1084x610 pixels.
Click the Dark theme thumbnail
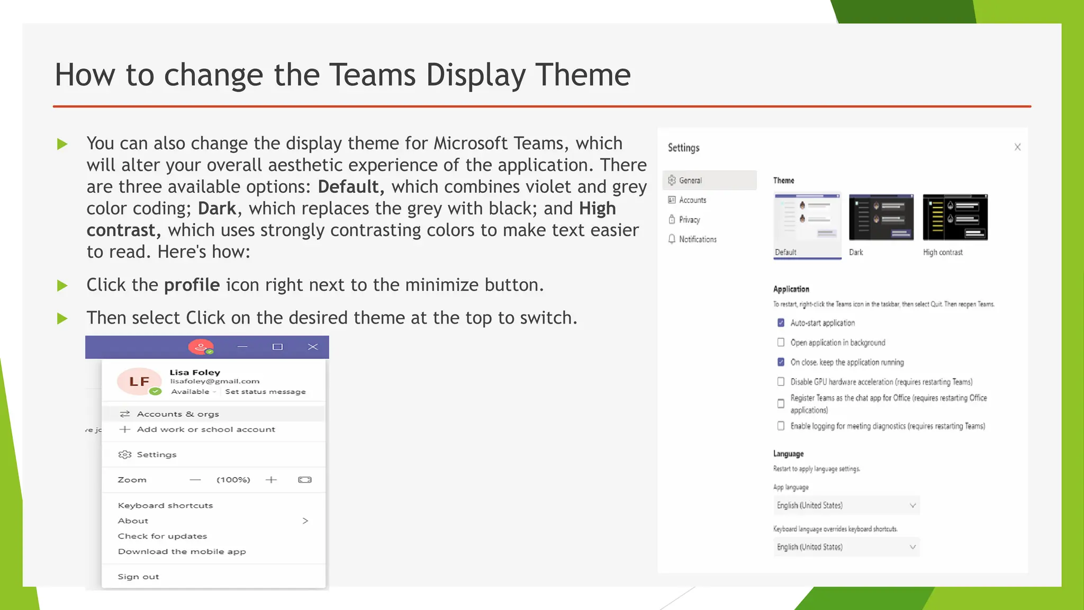coord(881,218)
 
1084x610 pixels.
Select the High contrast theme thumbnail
coord(955,218)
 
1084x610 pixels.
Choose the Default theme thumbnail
coord(807,218)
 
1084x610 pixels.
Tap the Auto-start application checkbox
coord(781,323)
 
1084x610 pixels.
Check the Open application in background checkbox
coord(781,343)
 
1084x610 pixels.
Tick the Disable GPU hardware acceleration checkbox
coord(781,382)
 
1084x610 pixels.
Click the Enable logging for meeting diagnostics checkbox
coord(781,426)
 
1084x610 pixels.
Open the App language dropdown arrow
coord(913,505)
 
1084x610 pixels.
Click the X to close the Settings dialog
coord(1017,147)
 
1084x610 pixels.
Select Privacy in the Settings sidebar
coord(689,220)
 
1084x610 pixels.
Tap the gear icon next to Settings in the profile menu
coord(125,454)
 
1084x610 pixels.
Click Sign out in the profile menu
coord(138,577)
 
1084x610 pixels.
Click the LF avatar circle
coord(139,381)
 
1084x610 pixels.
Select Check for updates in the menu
coord(162,536)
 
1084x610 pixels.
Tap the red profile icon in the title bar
coord(201,347)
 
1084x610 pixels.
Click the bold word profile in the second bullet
coord(192,285)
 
